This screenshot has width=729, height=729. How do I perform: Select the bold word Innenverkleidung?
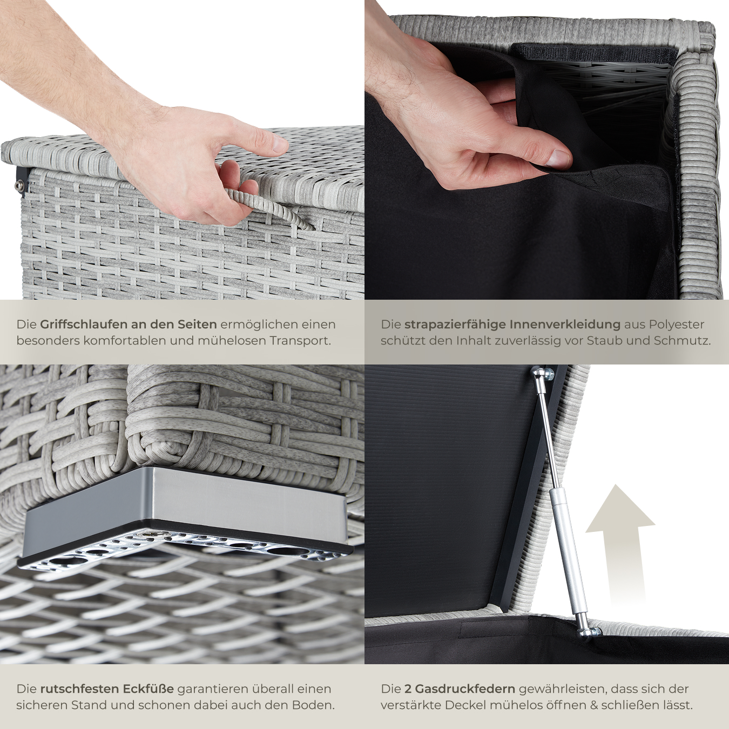(x=565, y=325)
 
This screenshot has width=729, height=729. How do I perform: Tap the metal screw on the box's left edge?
(x=18, y=185)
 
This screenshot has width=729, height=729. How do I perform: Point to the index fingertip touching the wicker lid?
(x=278, y=144)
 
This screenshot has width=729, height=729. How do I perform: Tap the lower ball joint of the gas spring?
(x=587, y=628)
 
